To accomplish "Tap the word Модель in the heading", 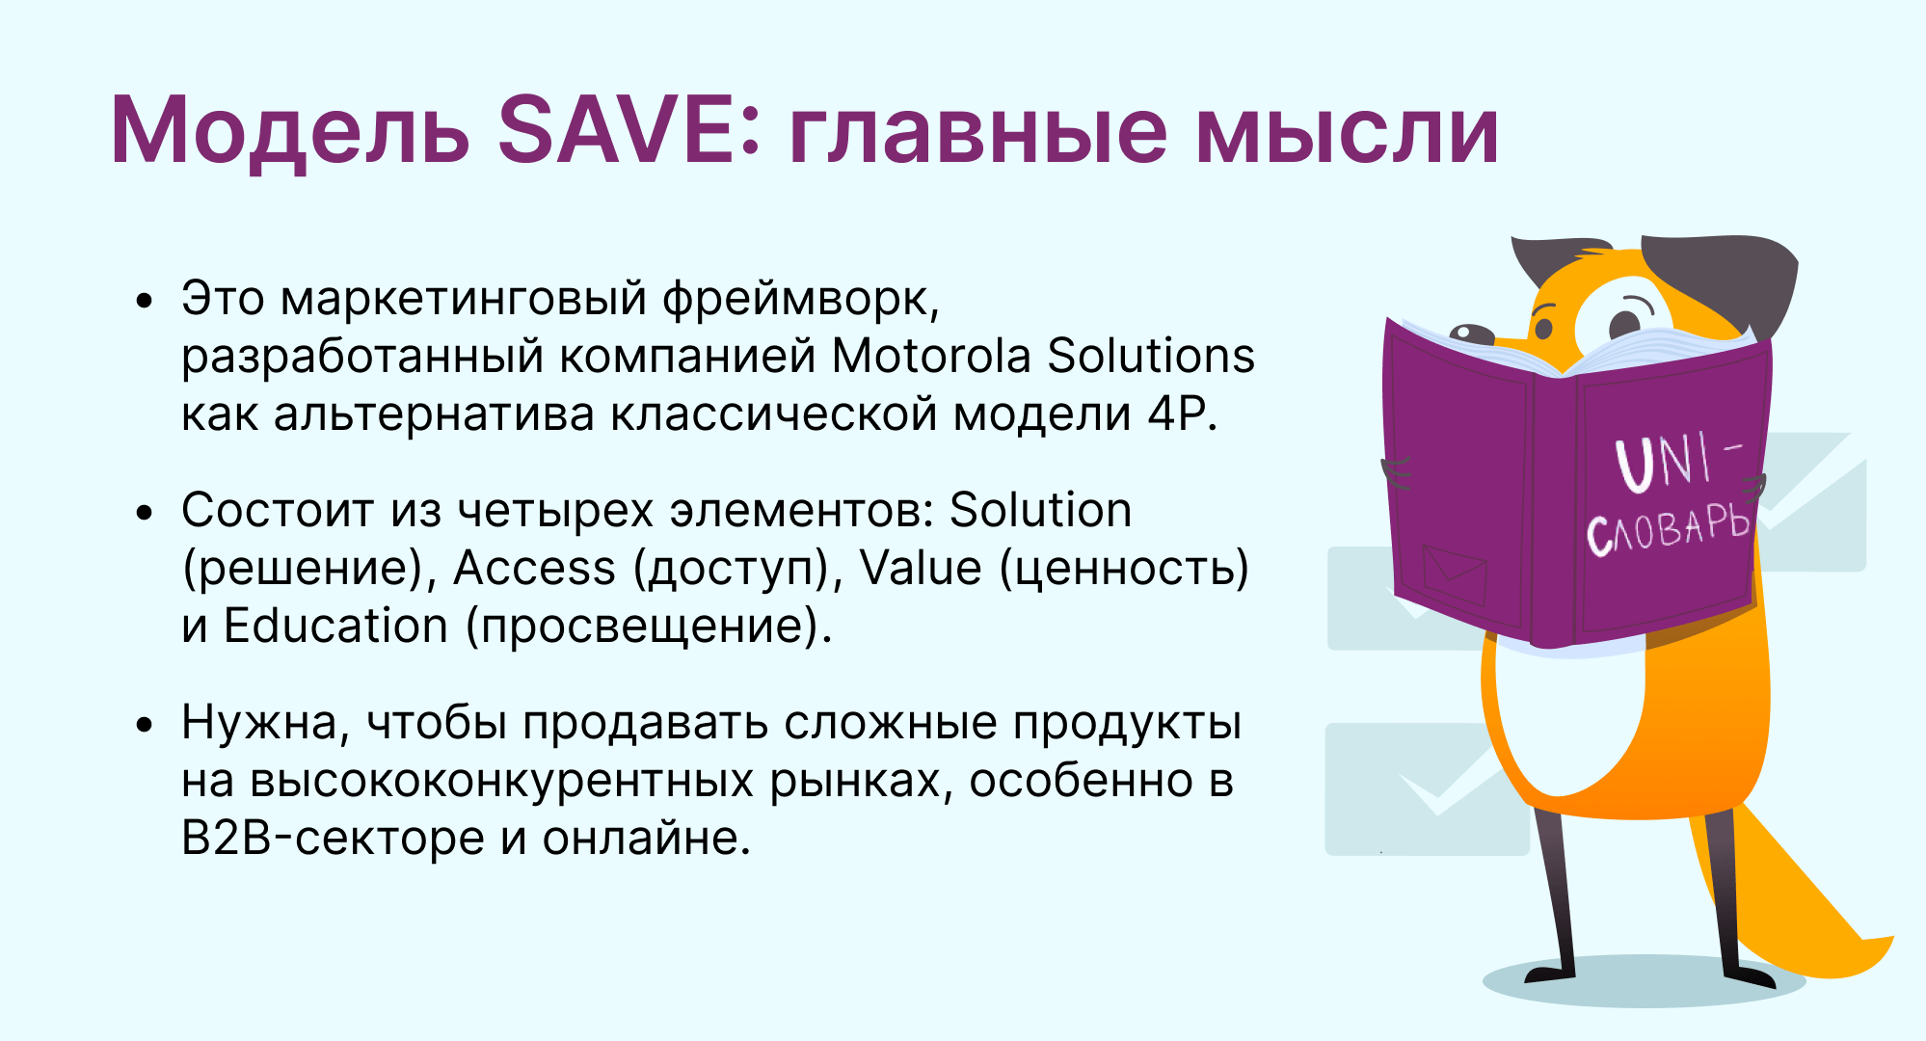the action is pos(290,131).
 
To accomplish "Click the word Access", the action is pos(534,569).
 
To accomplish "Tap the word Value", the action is pos(921,568).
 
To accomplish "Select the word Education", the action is pos(335,627).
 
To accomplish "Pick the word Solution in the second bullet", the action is pos(1040,510).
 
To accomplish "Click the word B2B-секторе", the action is pos(333,838).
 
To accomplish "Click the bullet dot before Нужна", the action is pos(145,725).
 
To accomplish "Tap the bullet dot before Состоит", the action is pos(145,513).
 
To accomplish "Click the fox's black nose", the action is pos(1470,334).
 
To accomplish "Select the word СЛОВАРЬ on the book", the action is pos(1669,529).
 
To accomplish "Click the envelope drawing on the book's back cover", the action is pos(1455,574).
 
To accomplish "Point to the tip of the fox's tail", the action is pos(1892,940).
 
